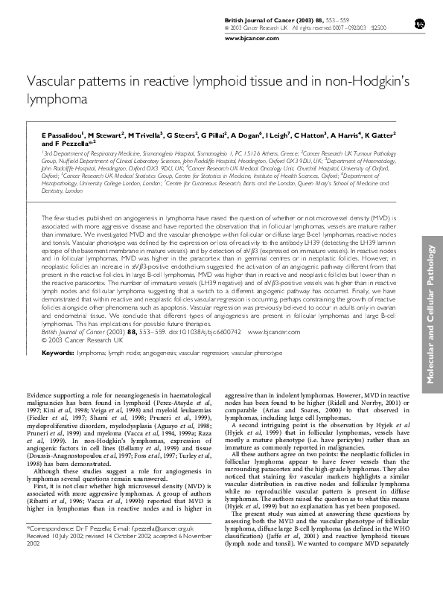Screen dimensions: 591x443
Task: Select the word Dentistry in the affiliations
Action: click(54, 191)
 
